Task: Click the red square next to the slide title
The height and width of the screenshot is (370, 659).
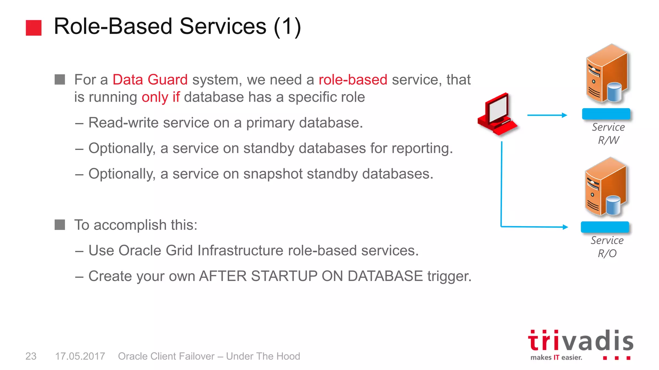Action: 33,28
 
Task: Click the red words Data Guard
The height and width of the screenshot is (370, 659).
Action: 150,80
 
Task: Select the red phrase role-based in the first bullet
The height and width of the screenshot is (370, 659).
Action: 353,80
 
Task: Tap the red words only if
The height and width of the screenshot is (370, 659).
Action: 161,97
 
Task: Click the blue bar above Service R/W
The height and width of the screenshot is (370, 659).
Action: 606,114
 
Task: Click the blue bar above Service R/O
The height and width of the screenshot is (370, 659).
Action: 605,227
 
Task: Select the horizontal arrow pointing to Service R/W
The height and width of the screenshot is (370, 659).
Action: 547,115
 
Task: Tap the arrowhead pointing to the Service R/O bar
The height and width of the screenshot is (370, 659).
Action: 565,227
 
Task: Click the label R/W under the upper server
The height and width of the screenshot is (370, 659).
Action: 608,140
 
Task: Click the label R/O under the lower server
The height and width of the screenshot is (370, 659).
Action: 607,253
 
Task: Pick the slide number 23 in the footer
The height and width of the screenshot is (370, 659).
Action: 31,356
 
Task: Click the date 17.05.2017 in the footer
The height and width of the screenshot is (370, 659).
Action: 80,356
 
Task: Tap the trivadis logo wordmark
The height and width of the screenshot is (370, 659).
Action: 580,341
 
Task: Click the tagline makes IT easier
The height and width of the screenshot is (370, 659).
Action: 556,357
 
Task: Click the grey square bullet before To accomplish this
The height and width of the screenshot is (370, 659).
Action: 60,225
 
